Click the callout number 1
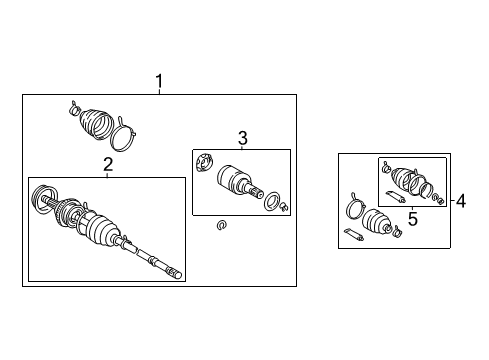157,82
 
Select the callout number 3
241,138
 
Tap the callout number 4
460,201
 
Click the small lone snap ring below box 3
221,225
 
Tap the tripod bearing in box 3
206,162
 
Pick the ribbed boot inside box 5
406,180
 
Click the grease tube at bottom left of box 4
355,236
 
